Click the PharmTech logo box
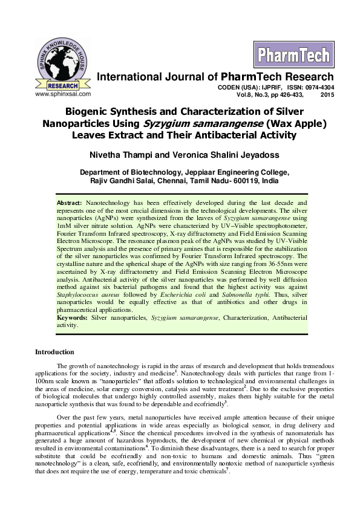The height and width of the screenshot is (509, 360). coord(286,55)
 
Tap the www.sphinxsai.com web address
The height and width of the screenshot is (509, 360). coord(63,94)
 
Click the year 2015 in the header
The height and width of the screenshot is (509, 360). coord(327,95)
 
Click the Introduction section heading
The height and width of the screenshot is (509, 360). coord(54,352)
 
